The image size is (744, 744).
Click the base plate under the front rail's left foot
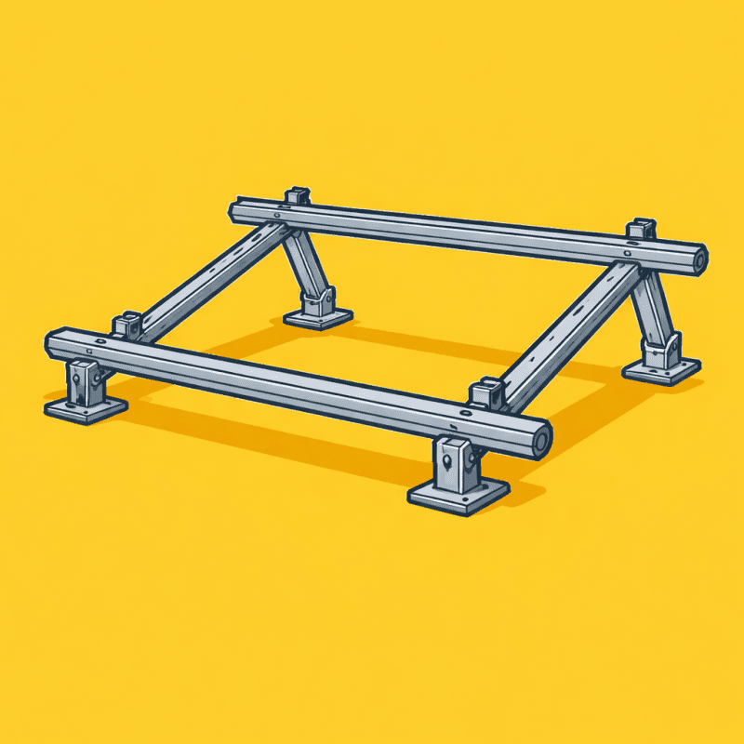coord(86,407)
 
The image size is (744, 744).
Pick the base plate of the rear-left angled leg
coord(318,317)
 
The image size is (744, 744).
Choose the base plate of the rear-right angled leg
coord(661,370)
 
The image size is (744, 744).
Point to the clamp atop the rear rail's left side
coord(297,197)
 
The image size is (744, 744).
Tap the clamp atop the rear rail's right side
coord(640,228)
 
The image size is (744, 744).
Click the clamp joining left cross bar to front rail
coord(127,325)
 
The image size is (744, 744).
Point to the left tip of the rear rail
coord(235,211)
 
